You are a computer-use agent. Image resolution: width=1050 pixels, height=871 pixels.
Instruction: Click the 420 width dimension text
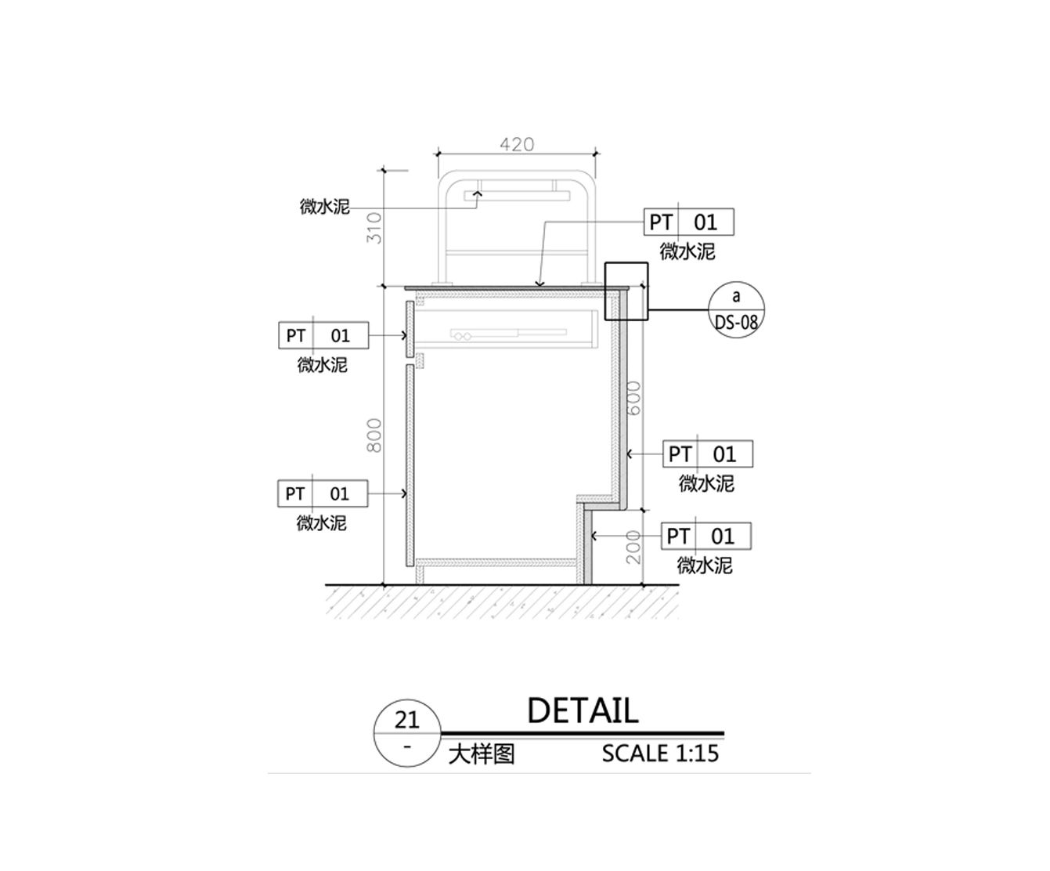517,144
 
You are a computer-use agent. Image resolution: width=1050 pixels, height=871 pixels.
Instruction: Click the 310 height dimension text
374,229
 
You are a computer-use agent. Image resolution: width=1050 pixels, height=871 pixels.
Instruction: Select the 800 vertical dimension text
374,435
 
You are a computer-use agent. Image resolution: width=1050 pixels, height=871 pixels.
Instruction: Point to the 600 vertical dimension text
635,398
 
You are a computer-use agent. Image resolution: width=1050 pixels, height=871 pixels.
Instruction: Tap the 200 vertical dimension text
635,547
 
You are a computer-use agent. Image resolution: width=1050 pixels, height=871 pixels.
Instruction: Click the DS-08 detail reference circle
736,309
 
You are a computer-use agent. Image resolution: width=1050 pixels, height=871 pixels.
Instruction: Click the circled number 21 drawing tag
407,733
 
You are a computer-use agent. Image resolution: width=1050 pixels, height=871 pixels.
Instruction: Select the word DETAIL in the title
583,710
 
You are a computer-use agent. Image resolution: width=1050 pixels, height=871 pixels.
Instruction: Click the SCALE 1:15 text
660,754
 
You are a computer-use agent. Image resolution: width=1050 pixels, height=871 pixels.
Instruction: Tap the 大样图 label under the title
482,755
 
